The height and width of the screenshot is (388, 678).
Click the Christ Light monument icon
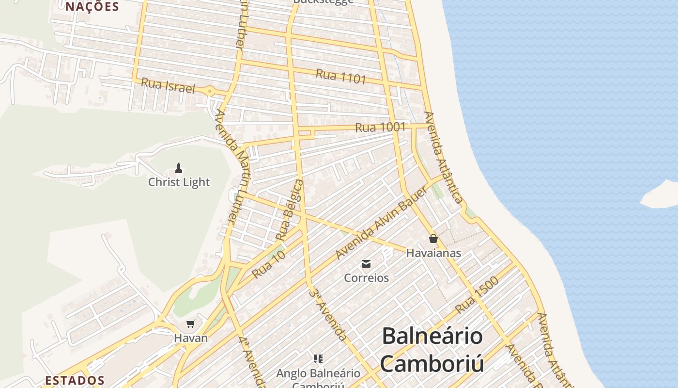click(x=179, y=168)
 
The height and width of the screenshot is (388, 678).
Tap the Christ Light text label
click(x=179, y=182)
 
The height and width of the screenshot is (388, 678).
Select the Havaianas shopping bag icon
click(x=433, y=239)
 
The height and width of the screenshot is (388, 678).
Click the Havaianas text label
click(x=433, y=253)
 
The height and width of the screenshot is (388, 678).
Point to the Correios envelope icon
click(x=366, y=264)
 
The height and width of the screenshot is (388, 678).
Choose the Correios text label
click(x=366, y=278)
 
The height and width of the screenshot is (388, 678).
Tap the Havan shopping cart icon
click(x=191, y=324)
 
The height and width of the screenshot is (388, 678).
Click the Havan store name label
click(x=191, y=338)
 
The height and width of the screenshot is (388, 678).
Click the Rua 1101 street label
click(x=341, y=76)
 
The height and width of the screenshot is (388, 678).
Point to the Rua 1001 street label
click(x=380, y=128)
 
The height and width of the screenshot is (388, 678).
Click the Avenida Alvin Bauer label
click(x=382, y=222)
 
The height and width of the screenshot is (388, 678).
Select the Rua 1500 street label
click(x=477, y=295)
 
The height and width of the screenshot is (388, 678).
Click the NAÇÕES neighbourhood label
click(x=92, y=6)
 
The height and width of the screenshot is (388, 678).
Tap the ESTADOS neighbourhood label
click(x=75, y=380)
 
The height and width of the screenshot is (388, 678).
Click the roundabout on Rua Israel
click(x=209, y=90)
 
